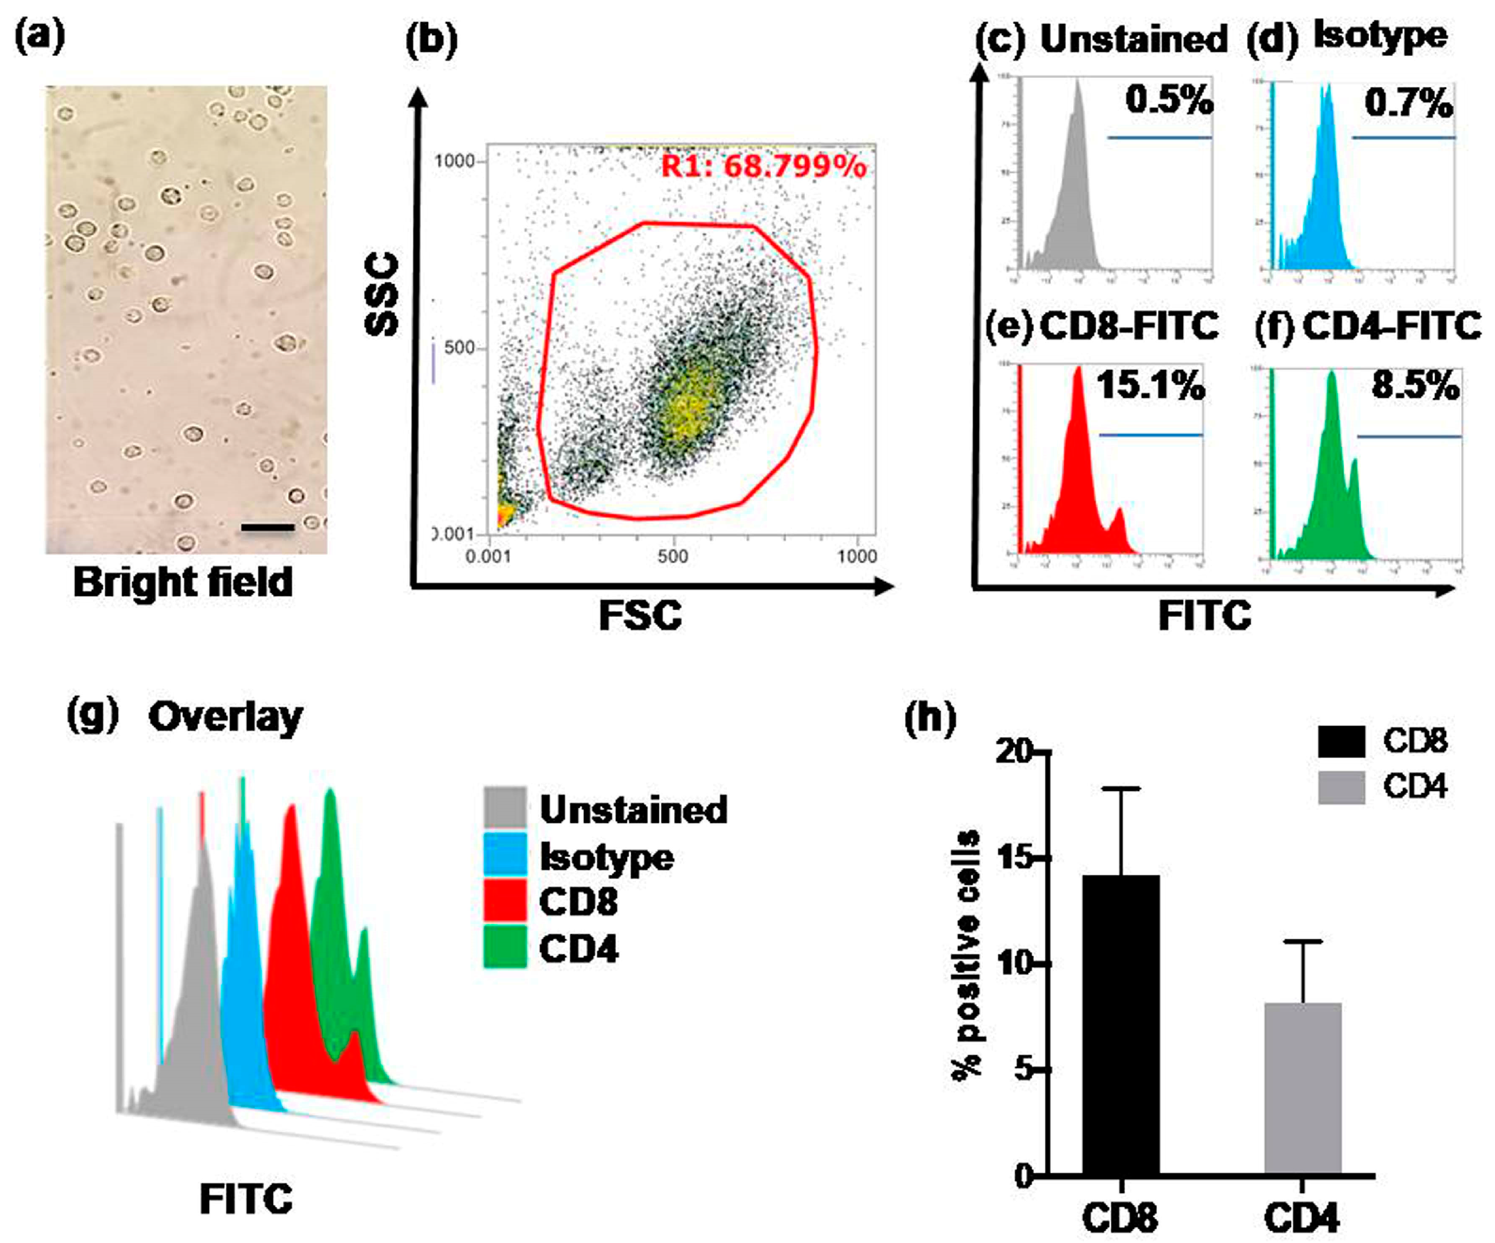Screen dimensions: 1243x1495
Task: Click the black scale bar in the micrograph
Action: (x=268, y=527)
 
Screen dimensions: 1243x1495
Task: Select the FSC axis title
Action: (x=640, y=615)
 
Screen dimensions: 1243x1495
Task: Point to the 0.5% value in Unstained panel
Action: (x=1169, y=100)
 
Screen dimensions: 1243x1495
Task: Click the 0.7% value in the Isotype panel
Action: (x=1408, y=104)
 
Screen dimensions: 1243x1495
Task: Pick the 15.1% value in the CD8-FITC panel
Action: (x=1150, y=386)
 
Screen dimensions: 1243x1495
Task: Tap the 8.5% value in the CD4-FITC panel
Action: (x=1415, y=386)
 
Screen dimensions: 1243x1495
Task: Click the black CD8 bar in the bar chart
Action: (x=1120, y=1025)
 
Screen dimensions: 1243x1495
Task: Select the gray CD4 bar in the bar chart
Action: (x=1303, y=1089)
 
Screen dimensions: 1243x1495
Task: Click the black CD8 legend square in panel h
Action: (x=1341, y=741)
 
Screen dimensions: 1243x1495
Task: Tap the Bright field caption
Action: (x=183, y=582)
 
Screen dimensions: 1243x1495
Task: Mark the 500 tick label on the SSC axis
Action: (x=459, y=348)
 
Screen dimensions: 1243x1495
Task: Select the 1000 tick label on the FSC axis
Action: (x=856, y=556)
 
